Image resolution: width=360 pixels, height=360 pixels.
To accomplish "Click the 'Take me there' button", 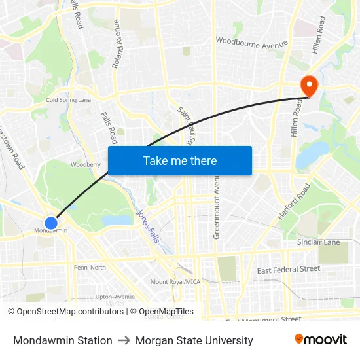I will coord(180,160).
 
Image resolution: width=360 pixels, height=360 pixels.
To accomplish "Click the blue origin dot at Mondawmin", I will coord(51,223).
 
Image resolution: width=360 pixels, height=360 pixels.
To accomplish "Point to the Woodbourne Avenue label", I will coord(251,43).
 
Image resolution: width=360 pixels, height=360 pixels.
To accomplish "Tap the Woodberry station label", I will coord(86,165).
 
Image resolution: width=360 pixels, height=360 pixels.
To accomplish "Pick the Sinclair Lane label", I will coord(318,242).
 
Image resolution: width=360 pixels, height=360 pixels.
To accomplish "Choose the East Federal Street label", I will coord(288,269).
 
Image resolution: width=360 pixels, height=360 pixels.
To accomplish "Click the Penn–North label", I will coord(90,267).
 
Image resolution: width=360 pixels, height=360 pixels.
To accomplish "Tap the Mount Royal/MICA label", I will coord(175,282).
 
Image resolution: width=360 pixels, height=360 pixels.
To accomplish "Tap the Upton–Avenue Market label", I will coord(115,300).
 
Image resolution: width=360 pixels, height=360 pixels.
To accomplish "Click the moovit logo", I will coord(321,340).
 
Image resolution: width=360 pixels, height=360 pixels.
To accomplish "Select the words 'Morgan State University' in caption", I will coord(194,340).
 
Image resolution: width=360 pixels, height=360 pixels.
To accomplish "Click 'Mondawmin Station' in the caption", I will coord(63,340).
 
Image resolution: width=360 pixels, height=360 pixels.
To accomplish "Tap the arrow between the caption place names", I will coord(124,340).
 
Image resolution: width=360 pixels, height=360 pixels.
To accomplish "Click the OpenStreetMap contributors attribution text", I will coord(67,312).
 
